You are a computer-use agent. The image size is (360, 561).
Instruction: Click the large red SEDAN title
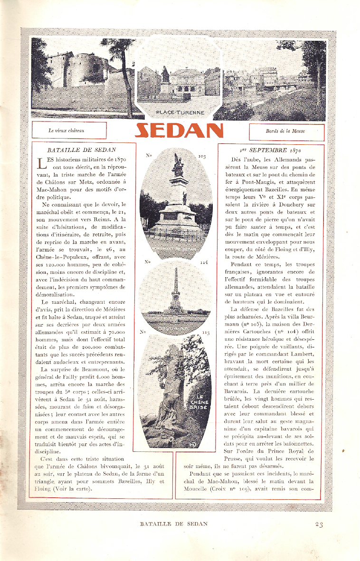pyautogui.click(x=179, y=131)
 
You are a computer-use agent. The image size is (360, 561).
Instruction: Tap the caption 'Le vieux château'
pyautogui.click(x=69, y=131)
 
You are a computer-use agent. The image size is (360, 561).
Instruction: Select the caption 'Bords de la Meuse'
pyautogui.click(x=285, y=131)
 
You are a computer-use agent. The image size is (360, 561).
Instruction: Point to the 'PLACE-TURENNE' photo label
pyautogui.click(x=180, y=112)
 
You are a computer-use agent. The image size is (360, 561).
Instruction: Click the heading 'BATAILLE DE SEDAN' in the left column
pyautogui.click(x=82, y=150)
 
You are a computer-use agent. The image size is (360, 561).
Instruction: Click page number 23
pyautogui.click(x=319, y=524)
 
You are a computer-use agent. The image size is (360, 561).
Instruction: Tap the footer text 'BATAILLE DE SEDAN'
pyautogui.click(x=174, y=524)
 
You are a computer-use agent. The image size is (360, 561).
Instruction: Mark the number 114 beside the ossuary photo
pyautogui.click(x=204, y=262)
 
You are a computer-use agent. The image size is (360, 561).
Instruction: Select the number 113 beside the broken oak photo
pyautogui.click(x=205, y=333)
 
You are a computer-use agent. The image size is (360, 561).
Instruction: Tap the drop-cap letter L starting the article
pyautogui.click(x=43, y=163)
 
